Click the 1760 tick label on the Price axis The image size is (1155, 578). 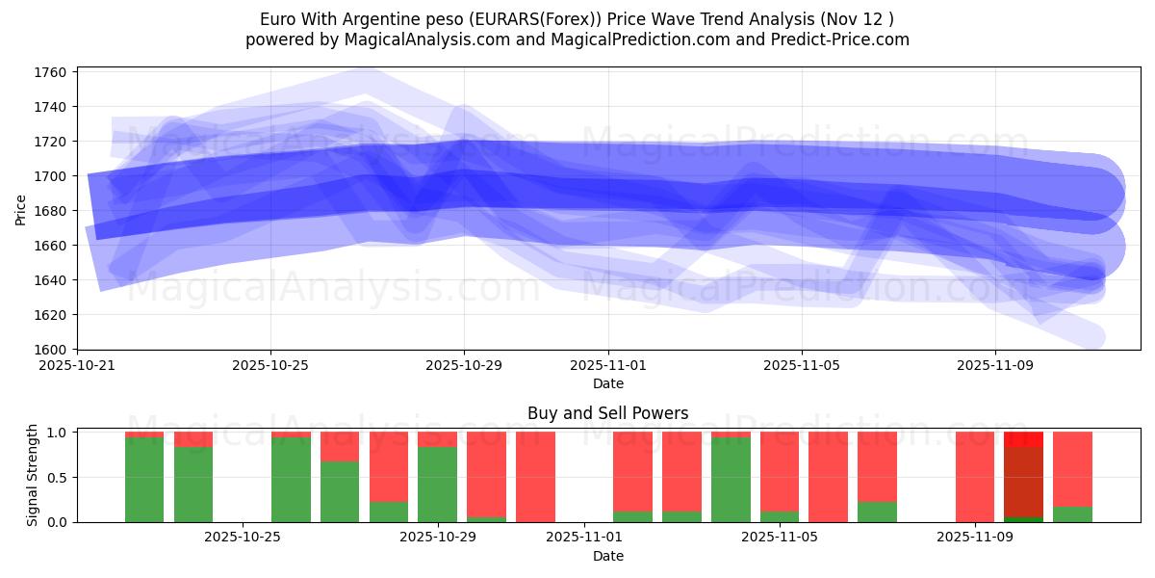[50, 72]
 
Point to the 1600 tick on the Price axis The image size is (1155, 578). [50, 350]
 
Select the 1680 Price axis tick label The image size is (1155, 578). [50, 211]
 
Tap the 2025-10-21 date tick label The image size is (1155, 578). [77, 366]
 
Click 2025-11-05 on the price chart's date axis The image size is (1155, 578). [802, 366]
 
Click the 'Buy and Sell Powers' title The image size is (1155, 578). [607, 413]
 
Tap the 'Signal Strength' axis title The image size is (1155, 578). [33, 475]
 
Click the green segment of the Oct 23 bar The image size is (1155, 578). [144, 480]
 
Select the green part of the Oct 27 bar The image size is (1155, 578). [340, 491]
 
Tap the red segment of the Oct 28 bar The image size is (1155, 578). [389, 467]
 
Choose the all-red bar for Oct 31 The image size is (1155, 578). [535, 477]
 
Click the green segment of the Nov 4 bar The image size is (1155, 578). [731, 480]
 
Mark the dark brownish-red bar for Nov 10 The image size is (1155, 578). [1023, 482]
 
